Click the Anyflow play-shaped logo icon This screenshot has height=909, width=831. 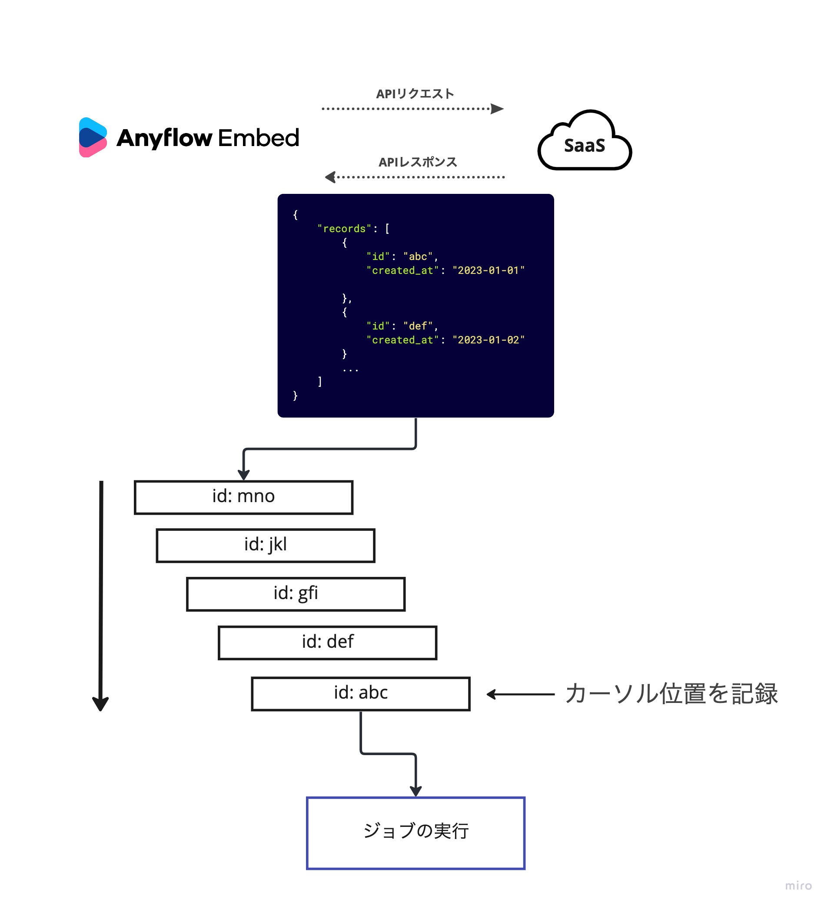[x=93, y=137]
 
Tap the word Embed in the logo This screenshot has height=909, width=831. [x=258, y=138]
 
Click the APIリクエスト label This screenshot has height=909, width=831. [x=415, y=94]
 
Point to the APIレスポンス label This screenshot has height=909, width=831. [x=418, y=162]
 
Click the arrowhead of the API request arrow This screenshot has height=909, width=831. [x=497, y=109]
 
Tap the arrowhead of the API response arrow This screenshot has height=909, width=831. [x=330, y=177]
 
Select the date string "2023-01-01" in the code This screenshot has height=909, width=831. [x=489, y=270]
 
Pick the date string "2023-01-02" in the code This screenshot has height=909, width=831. [x=489, y=340]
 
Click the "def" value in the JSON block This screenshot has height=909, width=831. [x=418, y=326]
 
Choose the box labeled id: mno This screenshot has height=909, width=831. [x=243, y=497]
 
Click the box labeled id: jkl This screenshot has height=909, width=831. [x=266, y=546]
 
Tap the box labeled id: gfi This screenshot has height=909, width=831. [x=296, y=594]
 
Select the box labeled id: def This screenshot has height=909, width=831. [x=327, y=643]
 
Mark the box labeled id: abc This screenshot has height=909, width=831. [x=361, y=693]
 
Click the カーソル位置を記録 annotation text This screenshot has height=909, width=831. [x=671, y=693]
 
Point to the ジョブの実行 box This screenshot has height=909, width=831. [x=416, y=833]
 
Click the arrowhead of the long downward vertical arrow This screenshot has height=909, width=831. [x=100, y=704]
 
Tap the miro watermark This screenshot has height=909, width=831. [x=798, y=886]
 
